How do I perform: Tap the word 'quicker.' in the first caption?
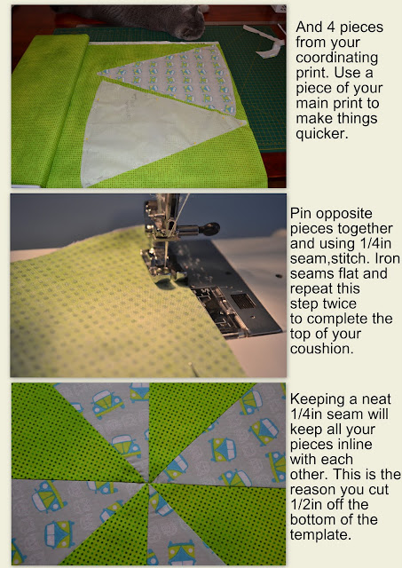pos(322,134)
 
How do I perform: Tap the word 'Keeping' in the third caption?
pos(315,399)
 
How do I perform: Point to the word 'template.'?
pos(319,535)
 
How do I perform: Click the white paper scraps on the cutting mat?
pos(265,41)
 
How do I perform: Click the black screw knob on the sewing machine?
pos(210,228)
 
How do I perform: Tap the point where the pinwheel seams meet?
pos(148,483)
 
